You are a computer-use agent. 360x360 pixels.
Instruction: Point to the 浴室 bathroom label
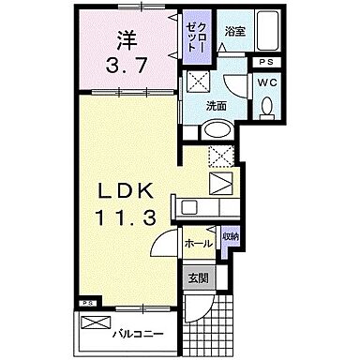pyautogui.click(x=233, y=30)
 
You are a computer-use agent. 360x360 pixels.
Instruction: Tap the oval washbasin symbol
pyautogui.click(x=215, y=130)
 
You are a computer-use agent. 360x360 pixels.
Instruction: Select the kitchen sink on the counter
pyautogui.click(x=221, y=182)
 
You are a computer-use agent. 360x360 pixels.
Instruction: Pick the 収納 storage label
pyautogui.click(x=231, y=234)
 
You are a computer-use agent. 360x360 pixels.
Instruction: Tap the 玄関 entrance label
pyautogui.click(x=198, y=278)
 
